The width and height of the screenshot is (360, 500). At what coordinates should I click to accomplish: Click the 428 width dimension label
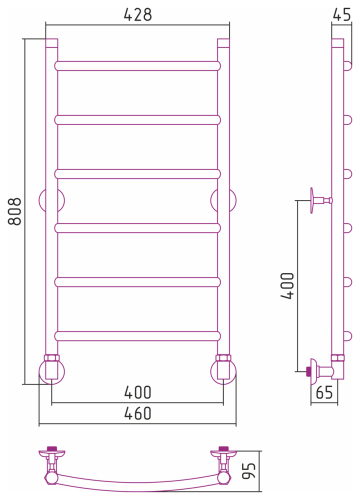pos(138,15)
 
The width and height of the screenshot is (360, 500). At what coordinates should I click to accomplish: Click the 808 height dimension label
pos(15,211)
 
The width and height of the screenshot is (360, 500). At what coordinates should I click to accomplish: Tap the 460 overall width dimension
pos(138,413)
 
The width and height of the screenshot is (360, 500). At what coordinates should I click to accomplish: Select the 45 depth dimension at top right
pos(342,15)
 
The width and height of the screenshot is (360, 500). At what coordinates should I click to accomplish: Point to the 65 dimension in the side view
pos(324,392)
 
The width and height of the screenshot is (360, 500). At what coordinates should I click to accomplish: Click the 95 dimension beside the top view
pos(249,471)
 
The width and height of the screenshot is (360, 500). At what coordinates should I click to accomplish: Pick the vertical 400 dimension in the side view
pos(288,286)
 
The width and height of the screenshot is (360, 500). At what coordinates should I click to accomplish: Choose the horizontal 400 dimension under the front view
pos(138,392)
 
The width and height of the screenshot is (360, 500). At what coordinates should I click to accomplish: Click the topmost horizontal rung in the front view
pos(138,66)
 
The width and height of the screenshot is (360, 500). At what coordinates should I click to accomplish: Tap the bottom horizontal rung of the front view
pos(138,336)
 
